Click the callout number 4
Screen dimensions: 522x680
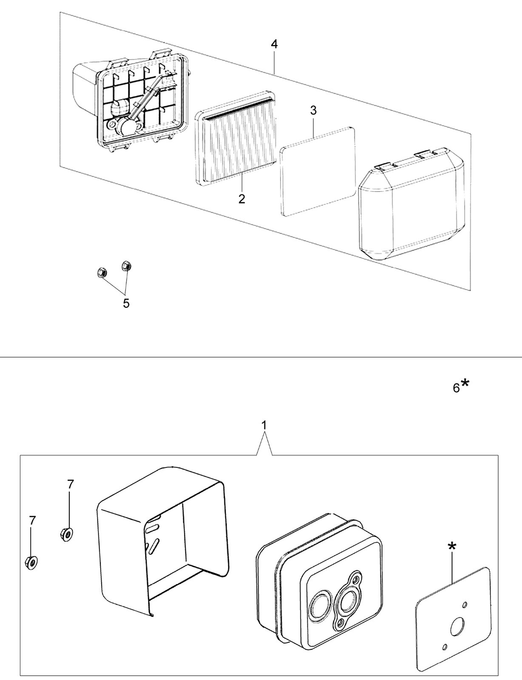coord(274,44)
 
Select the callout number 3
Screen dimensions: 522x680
coord(313,110)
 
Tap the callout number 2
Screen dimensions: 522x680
coord(241,199)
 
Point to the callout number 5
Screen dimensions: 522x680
coord(126,303)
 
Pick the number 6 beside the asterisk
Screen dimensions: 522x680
coord(457,388)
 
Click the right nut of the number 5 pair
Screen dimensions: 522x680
coord(126,265)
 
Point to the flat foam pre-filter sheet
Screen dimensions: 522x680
coord(318,170)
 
